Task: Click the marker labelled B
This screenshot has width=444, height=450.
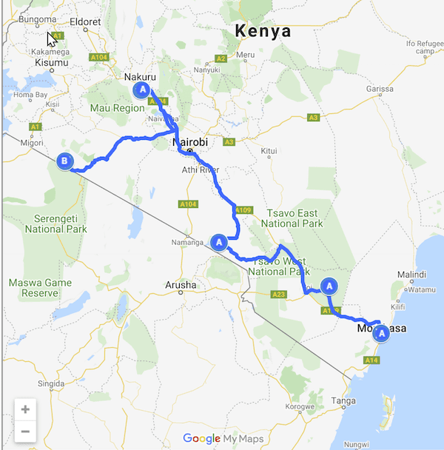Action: pyautogui.click(x=64, y=161)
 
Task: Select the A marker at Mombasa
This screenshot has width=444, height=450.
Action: pyautogui.click(x=382, y=334)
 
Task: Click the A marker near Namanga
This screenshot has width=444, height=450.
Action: pyautogui.click(x=218, y=242)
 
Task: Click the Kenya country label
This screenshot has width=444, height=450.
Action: pyautogui.click(x=263, y=32)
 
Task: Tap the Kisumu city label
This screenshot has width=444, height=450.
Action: pyautogui.click(x=51, y=64)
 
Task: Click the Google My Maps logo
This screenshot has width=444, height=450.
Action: pyautogui.click(x=223, y=438)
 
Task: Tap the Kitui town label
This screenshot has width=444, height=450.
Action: pyautogui.click(x=269, y=151)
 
